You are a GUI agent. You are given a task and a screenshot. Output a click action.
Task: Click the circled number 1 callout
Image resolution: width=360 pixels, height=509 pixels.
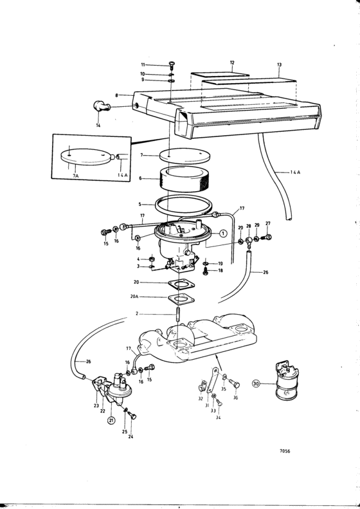[223, 233]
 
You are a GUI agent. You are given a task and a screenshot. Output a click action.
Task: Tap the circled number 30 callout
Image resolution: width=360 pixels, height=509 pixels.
[256, 384]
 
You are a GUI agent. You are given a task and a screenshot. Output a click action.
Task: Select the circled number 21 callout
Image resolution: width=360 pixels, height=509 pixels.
[111, 420]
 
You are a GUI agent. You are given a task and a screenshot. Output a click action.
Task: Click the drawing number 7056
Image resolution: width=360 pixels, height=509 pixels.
[285, 451]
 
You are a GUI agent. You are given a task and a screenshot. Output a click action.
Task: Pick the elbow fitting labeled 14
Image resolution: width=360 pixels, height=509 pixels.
[101, 106]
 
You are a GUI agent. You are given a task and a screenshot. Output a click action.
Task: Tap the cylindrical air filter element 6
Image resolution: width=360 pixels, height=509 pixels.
[184, 179]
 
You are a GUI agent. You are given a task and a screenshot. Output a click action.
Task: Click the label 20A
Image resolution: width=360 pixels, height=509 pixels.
[134, 297]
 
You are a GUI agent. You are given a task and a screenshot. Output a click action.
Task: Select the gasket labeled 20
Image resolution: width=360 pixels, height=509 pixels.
[182, 284]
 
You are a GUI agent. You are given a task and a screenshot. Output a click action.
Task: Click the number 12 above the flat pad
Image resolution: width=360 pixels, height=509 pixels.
[232, 62]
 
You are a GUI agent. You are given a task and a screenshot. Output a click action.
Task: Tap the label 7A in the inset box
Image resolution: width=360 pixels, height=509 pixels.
[75, 175]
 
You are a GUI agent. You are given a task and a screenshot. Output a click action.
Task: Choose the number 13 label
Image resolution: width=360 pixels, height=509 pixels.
[279, 64]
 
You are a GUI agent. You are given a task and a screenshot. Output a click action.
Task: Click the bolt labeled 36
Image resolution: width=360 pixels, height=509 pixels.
[235, 384]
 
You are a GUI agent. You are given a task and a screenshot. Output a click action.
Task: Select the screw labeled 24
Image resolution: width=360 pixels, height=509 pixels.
[132, 416]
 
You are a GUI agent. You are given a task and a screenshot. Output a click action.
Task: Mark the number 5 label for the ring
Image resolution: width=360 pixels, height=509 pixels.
[139, 204]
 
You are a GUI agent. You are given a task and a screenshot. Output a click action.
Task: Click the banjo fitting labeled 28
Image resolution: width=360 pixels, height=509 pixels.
[249, 241]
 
